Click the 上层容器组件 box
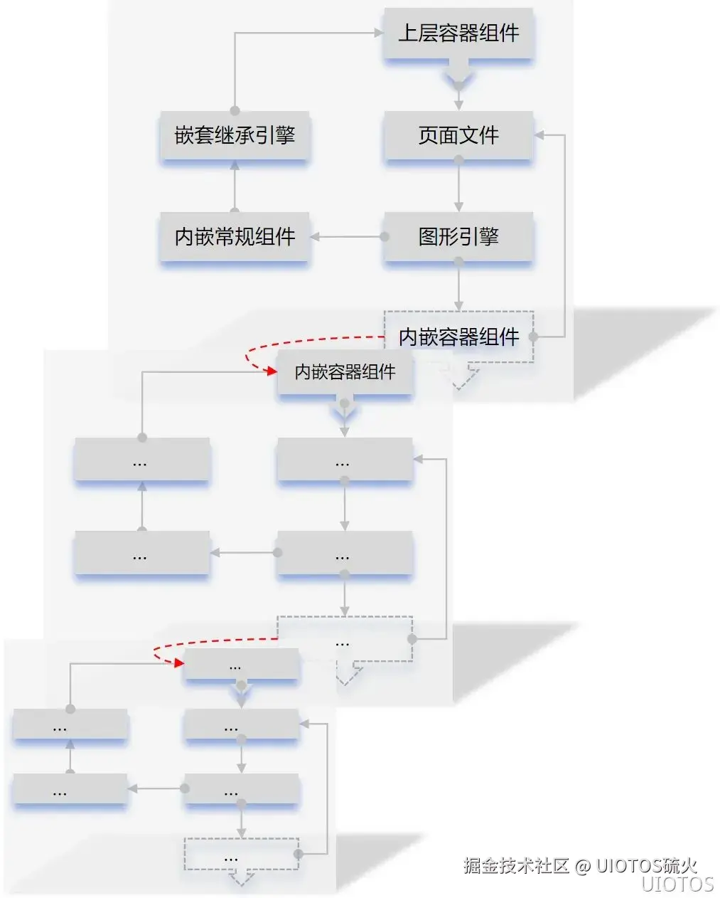point(458,33)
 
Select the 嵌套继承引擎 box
point(235,135)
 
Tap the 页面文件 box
point(458,135)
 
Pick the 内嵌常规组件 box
point(235,236)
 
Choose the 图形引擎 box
point(458,236)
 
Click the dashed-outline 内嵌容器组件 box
point(458,337)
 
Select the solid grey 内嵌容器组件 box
point(345,372)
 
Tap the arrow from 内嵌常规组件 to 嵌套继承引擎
point(235,186)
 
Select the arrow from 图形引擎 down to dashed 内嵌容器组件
point(458,286)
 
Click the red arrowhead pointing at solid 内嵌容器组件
point(270,371)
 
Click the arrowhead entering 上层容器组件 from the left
point(378,33)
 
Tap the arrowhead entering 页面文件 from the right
point(539,134)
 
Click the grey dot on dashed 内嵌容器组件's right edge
point(533,337)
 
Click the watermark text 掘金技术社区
point(517,865)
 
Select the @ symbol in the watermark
point(583,866)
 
